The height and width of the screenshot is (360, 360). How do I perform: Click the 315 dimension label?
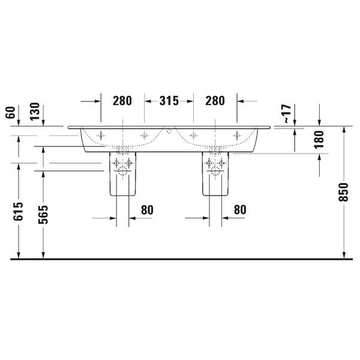tap(169, 101)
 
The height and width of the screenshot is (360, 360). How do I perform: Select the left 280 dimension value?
tap(122, 101)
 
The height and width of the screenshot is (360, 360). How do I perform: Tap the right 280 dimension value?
tap(215, 101)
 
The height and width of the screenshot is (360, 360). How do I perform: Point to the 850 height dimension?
tap(343, 192)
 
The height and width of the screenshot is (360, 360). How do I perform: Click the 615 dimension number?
tap(18, 211)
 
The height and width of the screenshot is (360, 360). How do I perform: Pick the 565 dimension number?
tap(43, 214)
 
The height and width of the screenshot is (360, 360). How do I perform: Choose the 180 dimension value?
tap(319, 140)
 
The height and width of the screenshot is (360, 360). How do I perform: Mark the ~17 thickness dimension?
tap(287, 113)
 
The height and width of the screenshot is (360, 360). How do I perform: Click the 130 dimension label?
tap(35, 112)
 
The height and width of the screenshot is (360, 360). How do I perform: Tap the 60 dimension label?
tap(10, 113)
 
